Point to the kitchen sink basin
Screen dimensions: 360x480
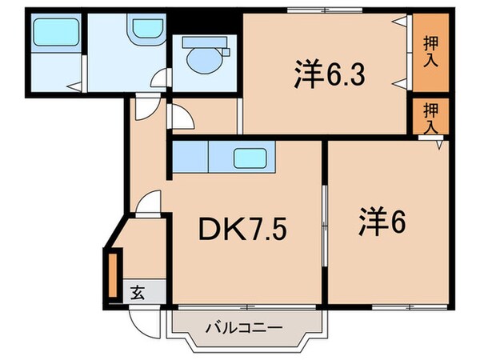[x=251, y=158]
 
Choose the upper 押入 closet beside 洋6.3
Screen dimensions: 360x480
[x=431, y=53]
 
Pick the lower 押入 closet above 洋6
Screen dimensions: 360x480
[x=431, y=117]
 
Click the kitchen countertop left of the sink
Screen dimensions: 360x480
[x=190, y=157]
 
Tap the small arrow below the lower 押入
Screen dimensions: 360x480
[x=440, y=145]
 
